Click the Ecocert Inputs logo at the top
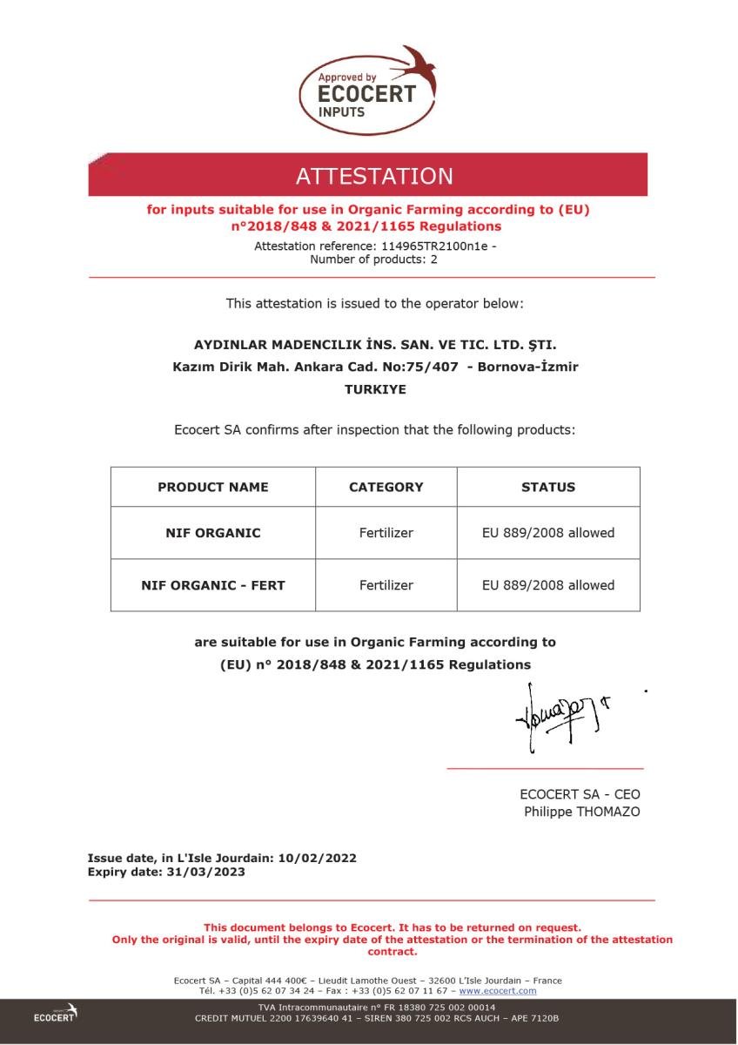pos(367,91)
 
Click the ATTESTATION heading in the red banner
pos(374,176)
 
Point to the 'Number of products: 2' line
pos(374,259)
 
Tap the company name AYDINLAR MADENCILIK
pos(374,344)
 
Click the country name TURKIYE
pos(375,389)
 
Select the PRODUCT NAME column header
pos(213,487)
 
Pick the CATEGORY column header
pos(386,487)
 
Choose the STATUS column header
pos(548,487)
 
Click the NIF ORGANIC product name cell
pos(213,533)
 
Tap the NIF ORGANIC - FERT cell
pos(213,585)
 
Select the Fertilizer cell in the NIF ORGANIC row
pos(386,533)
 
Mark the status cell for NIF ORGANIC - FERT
pos(548,585)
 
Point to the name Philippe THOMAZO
pos(581,812)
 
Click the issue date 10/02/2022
pos(317,858)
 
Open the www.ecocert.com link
pos(498,991)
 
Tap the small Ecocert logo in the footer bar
pos(56,1014)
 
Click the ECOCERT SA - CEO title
pos(580,794)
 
